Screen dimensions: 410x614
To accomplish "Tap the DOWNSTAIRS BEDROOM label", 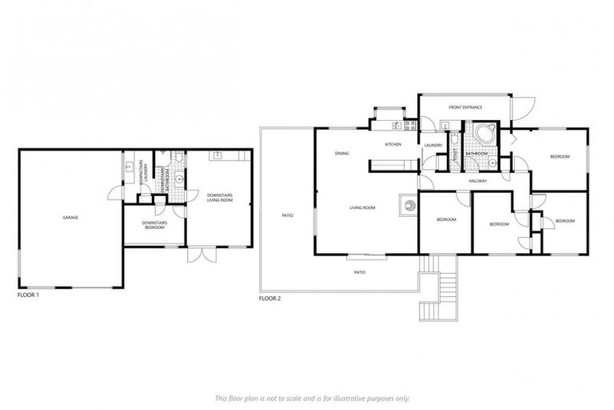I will (153, 225).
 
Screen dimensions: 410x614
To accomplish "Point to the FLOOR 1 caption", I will (28, 295).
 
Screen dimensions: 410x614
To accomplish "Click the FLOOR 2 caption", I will (269, 298).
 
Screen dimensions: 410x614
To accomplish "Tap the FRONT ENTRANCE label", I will (464, 107).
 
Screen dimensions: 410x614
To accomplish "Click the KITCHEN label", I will (393, 144).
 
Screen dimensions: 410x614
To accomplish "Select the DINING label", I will (341, 153).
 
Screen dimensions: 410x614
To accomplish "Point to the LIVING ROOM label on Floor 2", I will (362, 208).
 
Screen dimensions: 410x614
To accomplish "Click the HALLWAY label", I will (478, 182).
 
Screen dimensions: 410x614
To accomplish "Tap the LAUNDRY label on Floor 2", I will (434, 145).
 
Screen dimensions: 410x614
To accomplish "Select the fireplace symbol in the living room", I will (409, 204).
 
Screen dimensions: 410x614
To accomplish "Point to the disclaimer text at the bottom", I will (313, 398).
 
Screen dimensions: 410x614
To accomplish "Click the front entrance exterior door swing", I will (520, 106).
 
